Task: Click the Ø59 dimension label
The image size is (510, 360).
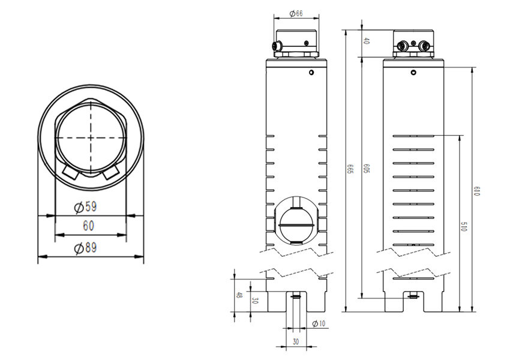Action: pyautogui.click(x=86, y=207)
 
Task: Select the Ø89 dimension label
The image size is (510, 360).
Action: pyautogui.click(x=86, y=248)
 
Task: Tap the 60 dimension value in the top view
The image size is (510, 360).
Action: pyautogui.click(x=88, y=226)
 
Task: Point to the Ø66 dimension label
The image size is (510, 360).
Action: pyautogui.click(x=296, y=13)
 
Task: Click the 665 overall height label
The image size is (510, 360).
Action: pyautogui.click(x=350, y=169)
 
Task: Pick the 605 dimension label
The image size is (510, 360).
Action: pyautogui.click(x=367, y=169)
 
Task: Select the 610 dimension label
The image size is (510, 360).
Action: pyautogui.click(x=477, y=191)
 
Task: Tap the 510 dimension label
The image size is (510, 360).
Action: pyautogui.click(x=464, y=227)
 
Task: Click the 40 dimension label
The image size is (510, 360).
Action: pyautogui.click(x=366, y=41)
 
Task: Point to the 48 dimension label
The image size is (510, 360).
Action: pyautogui.click(x=239, y=295)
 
